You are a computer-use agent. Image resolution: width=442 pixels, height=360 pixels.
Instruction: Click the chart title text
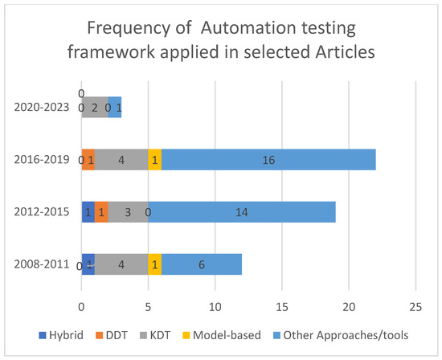tap(220, 45)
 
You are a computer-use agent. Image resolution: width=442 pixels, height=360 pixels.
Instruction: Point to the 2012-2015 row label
tap(45, 213)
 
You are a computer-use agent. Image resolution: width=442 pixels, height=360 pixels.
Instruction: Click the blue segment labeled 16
tap(268, 161)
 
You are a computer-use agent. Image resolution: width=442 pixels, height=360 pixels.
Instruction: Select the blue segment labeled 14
tap(242, 213)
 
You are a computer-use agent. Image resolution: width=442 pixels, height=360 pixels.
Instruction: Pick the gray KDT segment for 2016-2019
tap(121, 161)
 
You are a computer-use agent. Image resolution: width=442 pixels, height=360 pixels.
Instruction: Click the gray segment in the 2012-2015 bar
tap(128, 213)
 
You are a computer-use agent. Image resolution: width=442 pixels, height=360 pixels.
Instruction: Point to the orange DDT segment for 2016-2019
tap(88, 161)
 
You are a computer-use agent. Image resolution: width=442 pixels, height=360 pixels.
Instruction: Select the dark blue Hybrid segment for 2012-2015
tap(88, 213)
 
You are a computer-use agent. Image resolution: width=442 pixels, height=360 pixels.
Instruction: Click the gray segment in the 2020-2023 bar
tap(95, 108)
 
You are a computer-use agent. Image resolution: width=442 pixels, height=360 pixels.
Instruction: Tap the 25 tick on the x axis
tap(415, 306)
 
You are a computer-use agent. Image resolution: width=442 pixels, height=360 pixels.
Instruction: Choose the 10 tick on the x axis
tap(215, 306)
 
